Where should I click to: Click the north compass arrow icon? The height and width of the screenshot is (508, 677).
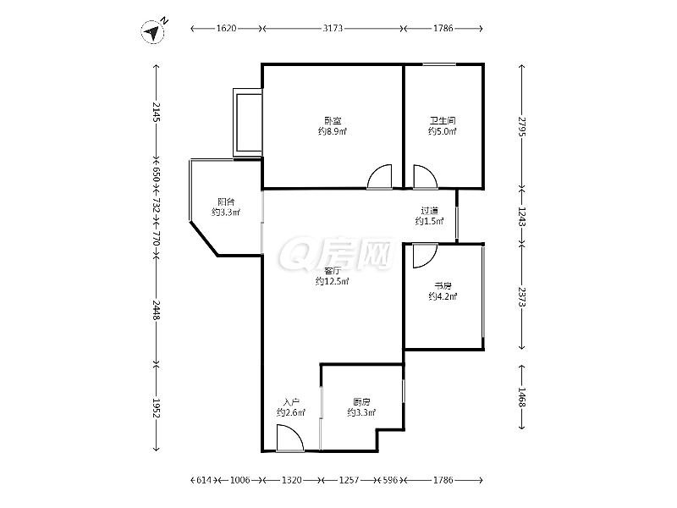tap(153, 31)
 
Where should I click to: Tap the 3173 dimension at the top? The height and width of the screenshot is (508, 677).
tap(333, 28)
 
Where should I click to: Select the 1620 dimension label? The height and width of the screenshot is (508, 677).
tap(226, 28)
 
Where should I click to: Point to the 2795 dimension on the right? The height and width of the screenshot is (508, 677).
tap(522, 126)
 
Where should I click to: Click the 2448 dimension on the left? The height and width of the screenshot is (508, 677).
tap(157, 310)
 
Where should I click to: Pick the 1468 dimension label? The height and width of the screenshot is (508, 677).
tap(522, 397)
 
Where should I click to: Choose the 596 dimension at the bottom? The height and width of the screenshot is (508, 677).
tap(390, 480)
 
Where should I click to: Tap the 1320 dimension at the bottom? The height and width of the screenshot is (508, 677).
tap(292, 480)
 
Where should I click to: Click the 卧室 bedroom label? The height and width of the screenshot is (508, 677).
tap(333, 120)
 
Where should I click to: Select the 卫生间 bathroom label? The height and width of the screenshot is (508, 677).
tap(443, 120)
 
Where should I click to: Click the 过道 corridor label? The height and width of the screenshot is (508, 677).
tap(430, 211)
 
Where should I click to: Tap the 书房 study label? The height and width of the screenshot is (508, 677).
tap(443, 285)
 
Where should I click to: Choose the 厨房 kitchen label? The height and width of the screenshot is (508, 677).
tap(361, 402)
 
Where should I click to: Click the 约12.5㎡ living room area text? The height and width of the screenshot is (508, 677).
tap(332, 282)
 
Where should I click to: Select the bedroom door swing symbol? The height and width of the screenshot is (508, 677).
tap(379, 177)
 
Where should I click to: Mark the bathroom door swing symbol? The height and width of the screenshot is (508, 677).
tap(426, 177)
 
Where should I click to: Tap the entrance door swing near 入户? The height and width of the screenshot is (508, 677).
tap(290, 438)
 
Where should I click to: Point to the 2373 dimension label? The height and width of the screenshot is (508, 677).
tap(522, 297)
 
